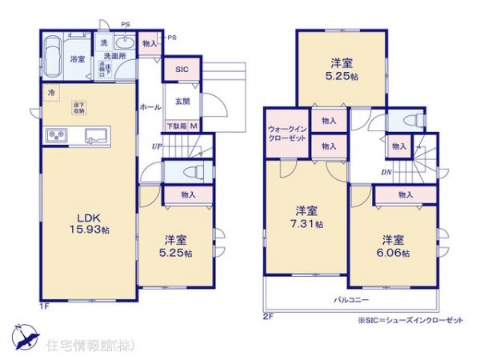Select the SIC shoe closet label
[x=182, y=70]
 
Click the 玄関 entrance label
[x=182, y=101]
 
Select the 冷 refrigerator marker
[x=50, y=93]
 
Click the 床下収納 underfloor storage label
[x=79, y=106]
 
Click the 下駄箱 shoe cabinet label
[x=176, y=126]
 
